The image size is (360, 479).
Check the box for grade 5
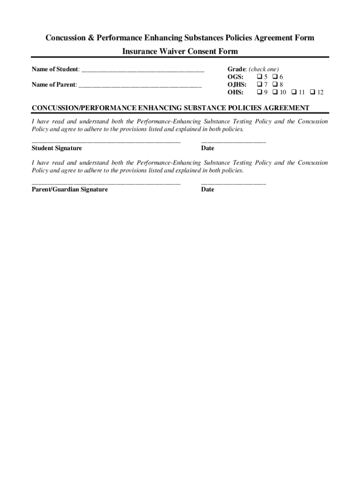tap(259, 77)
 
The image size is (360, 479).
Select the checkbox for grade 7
tap(259, 84)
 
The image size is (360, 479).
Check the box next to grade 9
tap(259, 92)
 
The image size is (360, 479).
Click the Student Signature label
tap(57, 148)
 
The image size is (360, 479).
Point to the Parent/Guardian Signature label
tap(70, 189)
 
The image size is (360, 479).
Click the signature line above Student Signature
tap(106, 141)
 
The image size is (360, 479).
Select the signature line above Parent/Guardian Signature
tap(106, 182)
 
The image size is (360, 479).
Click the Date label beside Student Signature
tap(208, 148)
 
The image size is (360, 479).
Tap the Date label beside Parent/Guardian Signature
tap(208, 189)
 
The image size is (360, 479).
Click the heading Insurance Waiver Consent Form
tap(180, 51)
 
